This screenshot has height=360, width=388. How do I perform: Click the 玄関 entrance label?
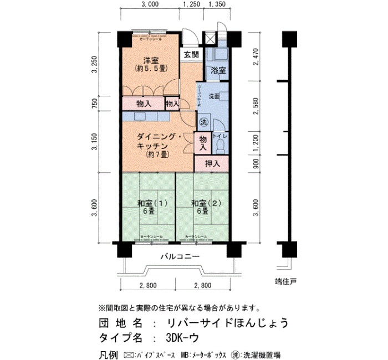click(x=191, y=55)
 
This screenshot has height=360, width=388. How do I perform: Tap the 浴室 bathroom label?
click(x=218, y=70)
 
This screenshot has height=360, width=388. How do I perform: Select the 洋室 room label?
click(x=147, y=60)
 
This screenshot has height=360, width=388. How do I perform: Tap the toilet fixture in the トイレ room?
click(x=219, y=146)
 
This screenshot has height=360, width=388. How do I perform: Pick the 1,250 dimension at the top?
click(x=191, y=6)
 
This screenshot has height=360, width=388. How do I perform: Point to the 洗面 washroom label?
click(x=214, y=96)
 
